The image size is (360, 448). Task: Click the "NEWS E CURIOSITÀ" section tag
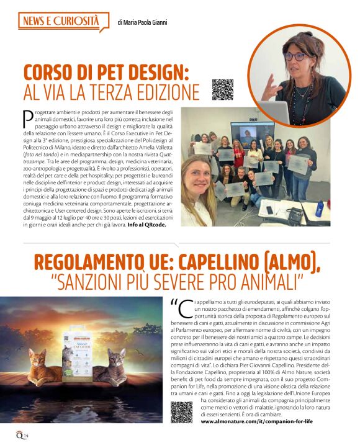point(60,22)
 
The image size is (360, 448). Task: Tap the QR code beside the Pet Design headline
point(222,89)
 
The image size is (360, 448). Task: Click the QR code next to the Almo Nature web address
point(181,412)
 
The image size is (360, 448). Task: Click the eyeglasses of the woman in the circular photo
point(296,56)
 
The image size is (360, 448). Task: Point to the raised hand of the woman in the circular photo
point(269,86)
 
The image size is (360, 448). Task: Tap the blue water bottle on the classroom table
point(319,207)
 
